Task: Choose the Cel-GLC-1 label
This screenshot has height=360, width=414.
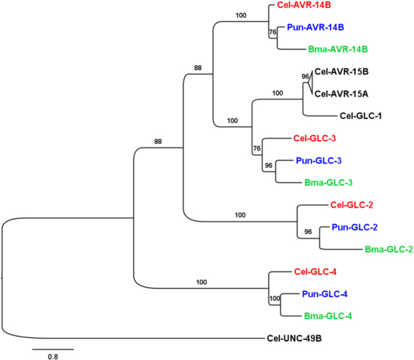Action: tap(363, 116)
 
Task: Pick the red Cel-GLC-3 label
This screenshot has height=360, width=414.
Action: tap(316, 139)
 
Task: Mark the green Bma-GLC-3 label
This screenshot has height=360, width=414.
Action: tap(328, 182)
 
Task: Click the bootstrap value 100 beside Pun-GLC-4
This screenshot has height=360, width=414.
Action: tap(274, 299)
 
